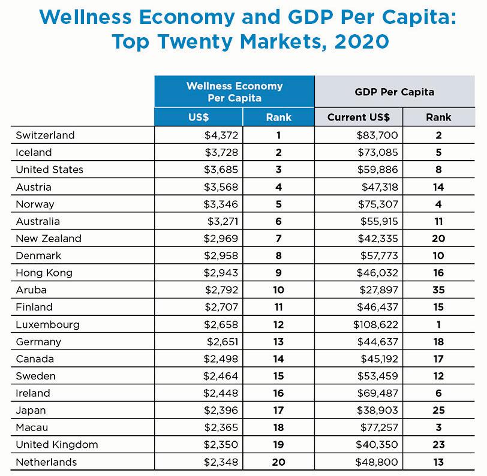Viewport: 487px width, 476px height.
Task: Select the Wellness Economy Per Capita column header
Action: (x=235, y=92)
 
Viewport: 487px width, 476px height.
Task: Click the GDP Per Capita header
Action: (x=395, y=92)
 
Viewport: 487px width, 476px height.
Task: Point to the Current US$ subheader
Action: (x=358, y=118)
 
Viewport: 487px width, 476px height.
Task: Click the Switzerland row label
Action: (x=45, y=135)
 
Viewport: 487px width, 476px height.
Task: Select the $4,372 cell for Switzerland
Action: (x=221, y=135)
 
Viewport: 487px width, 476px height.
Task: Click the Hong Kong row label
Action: (x=44, y=273)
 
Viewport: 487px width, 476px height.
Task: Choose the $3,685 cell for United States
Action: (x=221, y=170)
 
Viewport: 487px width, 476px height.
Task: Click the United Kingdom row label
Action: (x=56, y=445)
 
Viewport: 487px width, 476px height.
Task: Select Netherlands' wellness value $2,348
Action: (x=221, y=462)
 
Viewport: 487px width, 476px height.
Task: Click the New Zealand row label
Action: (x=48, y=238)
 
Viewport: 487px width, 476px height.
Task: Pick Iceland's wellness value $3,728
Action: (x=221, y=152)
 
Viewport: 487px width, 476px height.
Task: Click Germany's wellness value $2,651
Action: (x=221, y=342)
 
